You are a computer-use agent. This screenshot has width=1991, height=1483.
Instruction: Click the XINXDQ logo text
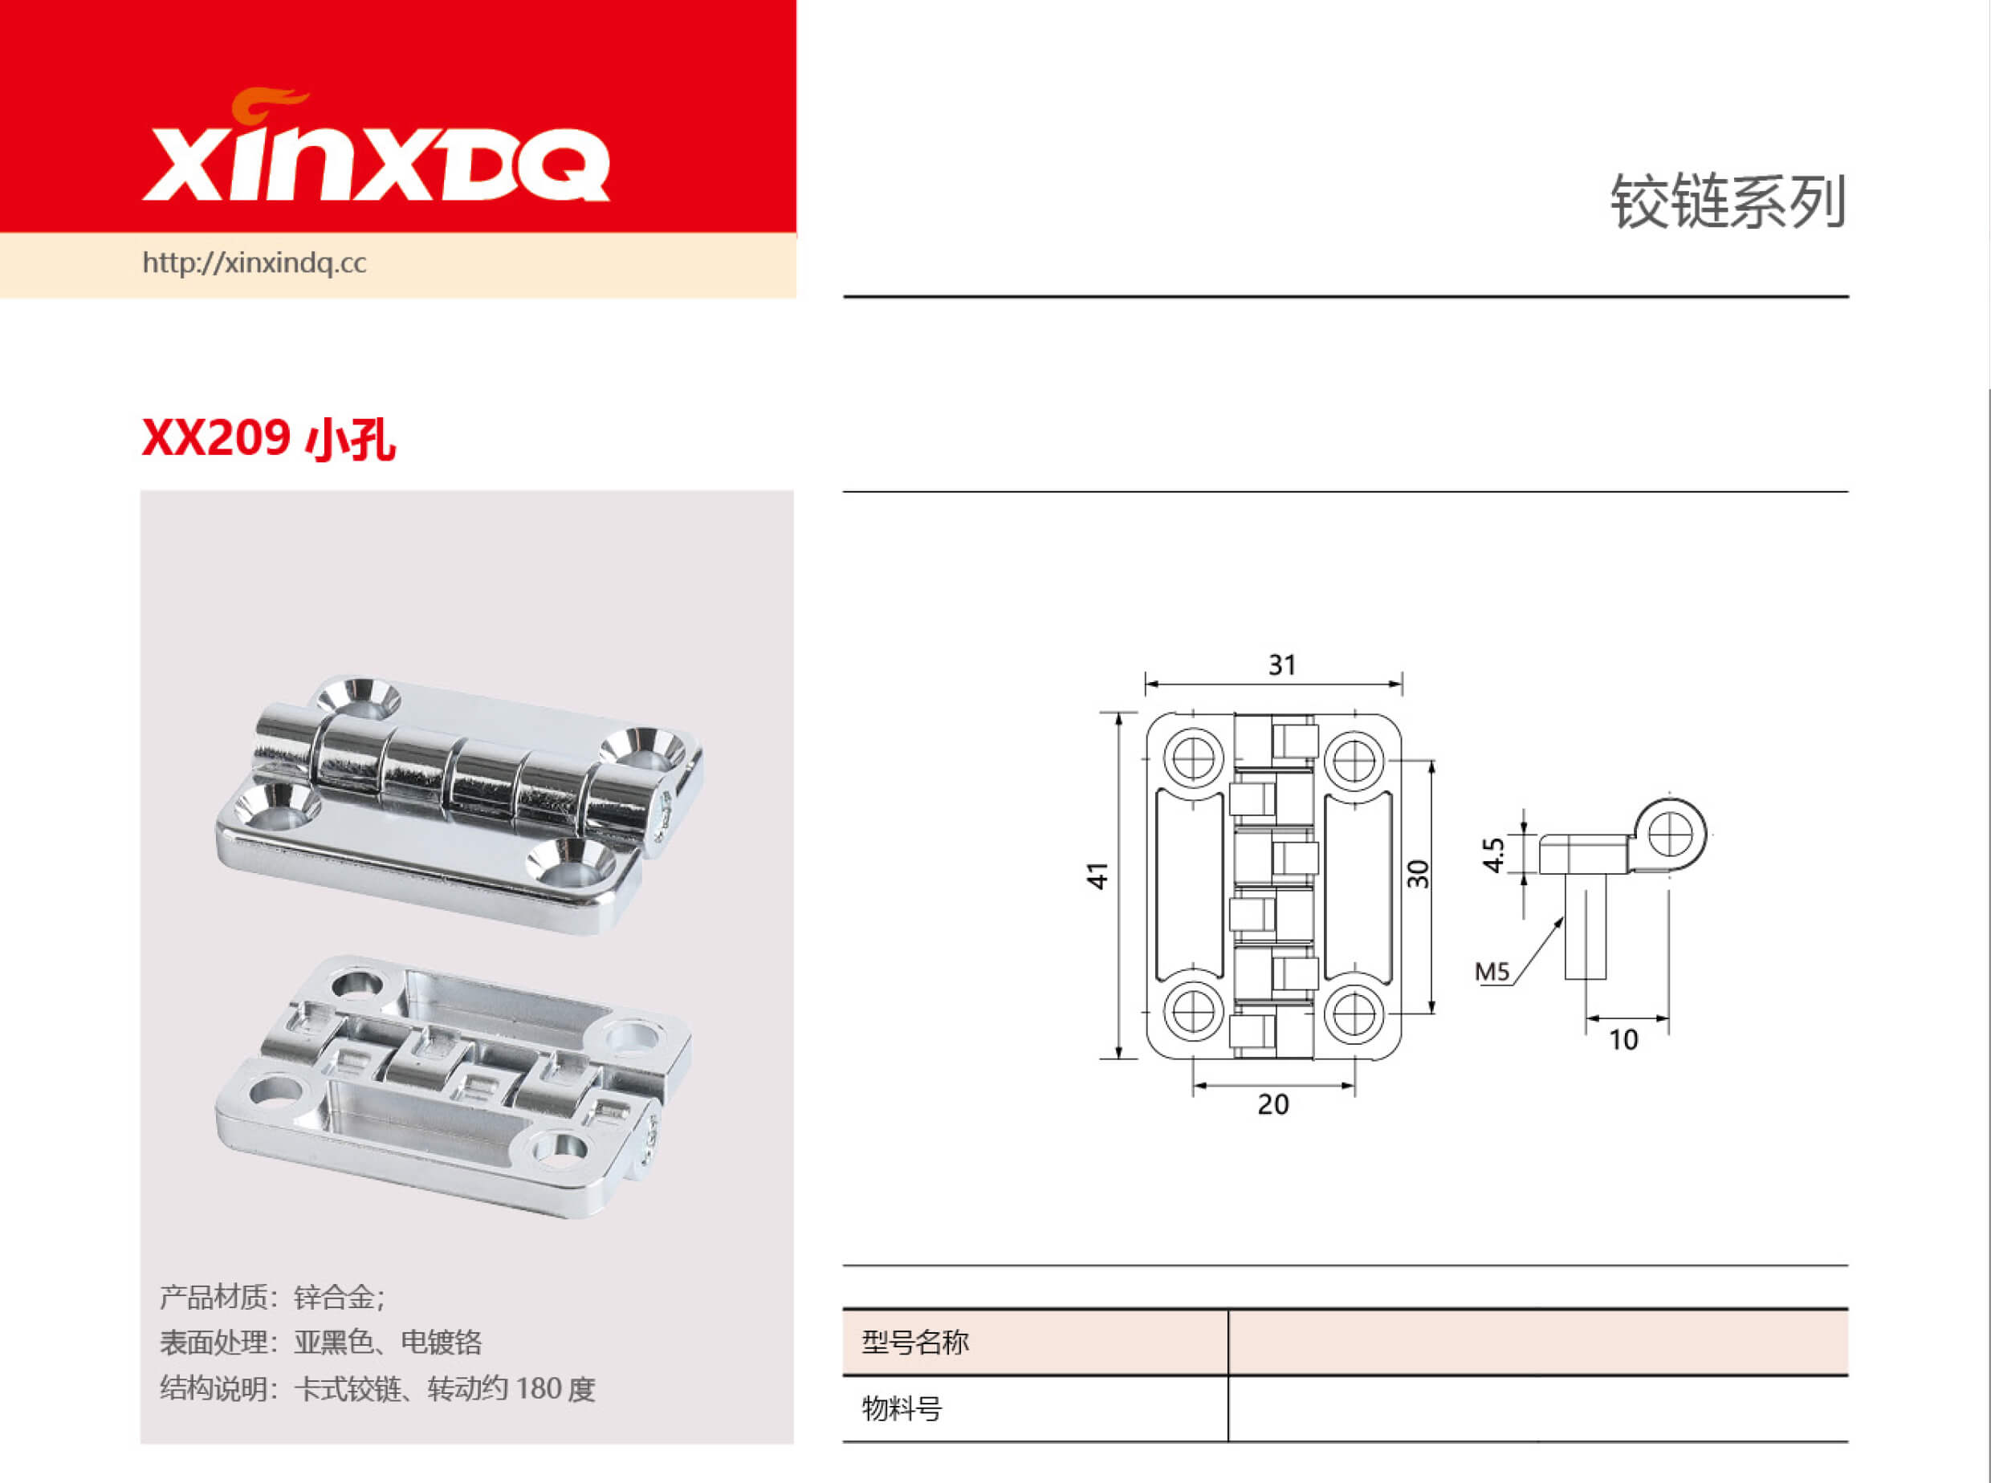click(x=376, y=166)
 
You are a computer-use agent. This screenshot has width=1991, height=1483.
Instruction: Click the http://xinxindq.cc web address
click(x=254, y=263)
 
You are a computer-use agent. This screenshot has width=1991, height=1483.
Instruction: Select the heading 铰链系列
click(x=1727, y=202)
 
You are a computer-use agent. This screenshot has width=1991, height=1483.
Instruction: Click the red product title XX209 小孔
click(x=267, y=439)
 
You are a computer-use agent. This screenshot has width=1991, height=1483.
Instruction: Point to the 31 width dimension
click(x=1281, y=665)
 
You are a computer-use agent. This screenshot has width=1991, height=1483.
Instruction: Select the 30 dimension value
click(x=1418, y=873)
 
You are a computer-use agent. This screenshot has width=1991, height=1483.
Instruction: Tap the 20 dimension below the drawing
click(x=1272, y=1104)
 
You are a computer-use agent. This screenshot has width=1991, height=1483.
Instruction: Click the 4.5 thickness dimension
click(x=1492, y=855)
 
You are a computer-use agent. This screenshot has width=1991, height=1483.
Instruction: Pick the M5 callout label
click(x=1492, y=971)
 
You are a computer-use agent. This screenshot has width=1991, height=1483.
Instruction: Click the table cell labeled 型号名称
click(x=915, y=1342)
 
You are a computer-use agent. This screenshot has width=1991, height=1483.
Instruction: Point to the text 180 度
click(x=555, y=1389)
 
